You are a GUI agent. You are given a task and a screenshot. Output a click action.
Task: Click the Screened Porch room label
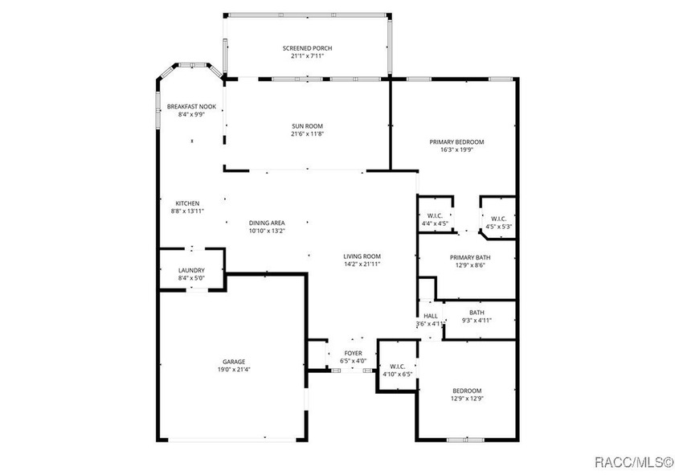click(x=307, y=48)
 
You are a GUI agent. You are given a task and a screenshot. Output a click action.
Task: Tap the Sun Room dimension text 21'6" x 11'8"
click(x=307, y=134)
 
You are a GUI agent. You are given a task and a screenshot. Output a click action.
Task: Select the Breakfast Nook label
click(x=191, y=107)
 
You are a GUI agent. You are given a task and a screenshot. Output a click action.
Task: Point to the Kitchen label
click(x=187, y=203)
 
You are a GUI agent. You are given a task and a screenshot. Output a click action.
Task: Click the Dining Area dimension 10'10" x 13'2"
click(x=267, y=231)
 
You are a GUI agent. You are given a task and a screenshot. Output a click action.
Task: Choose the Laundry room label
click(x=191, y=270)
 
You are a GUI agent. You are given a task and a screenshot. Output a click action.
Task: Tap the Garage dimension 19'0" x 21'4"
click(x=234, y=370)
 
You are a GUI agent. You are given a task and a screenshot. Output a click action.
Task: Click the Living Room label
click(x=362, y=256)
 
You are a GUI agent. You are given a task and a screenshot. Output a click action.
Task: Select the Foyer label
click(x=353, y=353)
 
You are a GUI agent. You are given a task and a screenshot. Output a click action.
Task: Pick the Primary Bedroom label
click(x=456, y=142)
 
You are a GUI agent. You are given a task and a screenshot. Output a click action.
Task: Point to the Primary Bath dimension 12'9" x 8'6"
click(x=470, y=265)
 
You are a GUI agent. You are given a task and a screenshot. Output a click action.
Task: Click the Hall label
click(x=431, y=316)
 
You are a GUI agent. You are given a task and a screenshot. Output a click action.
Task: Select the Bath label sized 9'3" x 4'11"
click(x=477, y=313)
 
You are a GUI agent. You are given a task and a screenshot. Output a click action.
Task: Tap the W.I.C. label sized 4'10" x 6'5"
click(x=397, y=366)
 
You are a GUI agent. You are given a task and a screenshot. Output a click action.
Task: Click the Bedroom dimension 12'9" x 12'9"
click(x=467, y=399)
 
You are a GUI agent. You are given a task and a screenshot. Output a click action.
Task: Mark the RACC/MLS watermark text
click(x=635, y=462)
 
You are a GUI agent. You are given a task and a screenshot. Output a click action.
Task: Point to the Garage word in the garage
click(x=234, y=362)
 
